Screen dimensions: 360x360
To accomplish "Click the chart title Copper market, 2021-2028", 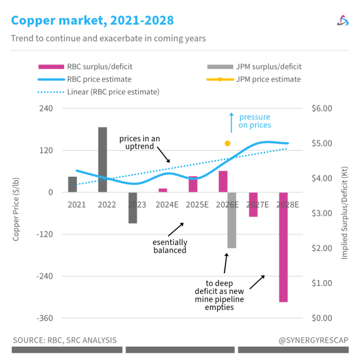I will [92, 21].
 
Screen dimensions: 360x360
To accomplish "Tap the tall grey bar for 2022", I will [103, 159].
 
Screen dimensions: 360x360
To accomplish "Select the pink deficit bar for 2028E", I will [283, 247].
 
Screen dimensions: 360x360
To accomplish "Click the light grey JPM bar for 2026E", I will [232, 220].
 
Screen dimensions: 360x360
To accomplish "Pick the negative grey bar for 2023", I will [133, 208].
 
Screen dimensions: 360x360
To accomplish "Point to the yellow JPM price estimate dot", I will [227, 143].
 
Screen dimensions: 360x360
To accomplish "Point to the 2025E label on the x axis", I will [197, 204].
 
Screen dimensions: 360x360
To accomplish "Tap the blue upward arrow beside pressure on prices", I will [232, 122].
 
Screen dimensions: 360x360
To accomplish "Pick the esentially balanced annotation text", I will [170, 246].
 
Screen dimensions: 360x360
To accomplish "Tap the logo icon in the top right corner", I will [342, 21].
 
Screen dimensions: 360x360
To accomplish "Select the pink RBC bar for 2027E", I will [253, 204].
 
